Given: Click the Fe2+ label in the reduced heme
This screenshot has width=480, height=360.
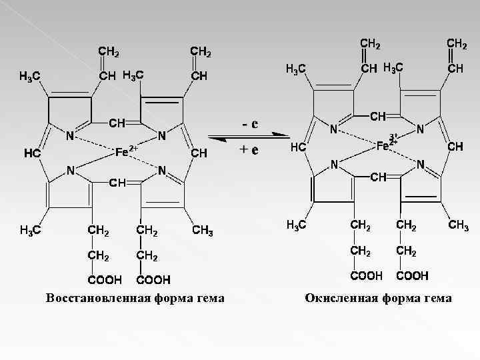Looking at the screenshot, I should [125, 151].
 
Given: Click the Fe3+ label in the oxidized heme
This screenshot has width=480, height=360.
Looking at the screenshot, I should [387, 144].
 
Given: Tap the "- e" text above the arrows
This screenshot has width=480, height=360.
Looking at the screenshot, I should [250, 125].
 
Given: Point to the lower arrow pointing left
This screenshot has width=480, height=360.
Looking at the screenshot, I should [250, 139].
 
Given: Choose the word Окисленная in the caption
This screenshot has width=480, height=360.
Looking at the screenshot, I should [340, 298].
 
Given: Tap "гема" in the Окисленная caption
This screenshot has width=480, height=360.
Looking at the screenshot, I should [437, 298].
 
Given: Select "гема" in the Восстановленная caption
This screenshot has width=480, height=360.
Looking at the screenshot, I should [211, 297].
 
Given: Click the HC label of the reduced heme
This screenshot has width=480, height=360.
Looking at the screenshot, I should [33, 153].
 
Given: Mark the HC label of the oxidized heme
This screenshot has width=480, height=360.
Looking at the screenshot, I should [298, 147].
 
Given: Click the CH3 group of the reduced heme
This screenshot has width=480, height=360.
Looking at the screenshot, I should [203, 231].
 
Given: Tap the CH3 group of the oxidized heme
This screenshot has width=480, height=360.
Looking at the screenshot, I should [458, 225].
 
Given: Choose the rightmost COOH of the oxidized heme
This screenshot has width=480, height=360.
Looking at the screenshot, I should [413, 275].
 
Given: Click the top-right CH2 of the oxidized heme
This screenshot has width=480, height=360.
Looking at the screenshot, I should [457, 43].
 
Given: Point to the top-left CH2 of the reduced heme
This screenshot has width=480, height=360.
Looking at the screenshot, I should [109, 51].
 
